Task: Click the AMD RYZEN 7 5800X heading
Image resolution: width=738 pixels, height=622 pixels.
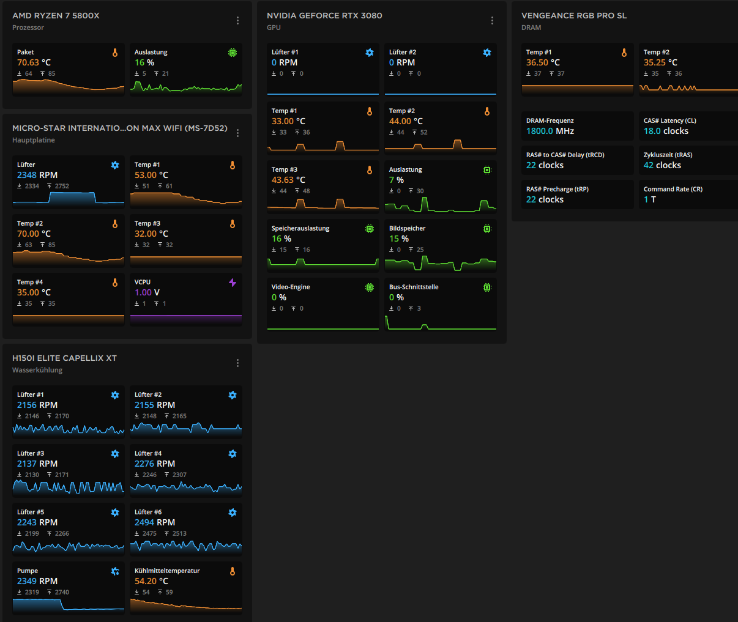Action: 56,15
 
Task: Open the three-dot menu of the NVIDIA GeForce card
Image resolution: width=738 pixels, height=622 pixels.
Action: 492,21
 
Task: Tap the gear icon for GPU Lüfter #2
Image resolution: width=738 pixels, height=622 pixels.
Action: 487,53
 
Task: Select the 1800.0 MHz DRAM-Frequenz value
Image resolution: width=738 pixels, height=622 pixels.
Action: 550,131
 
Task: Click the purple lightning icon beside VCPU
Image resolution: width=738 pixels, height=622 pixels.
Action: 233,283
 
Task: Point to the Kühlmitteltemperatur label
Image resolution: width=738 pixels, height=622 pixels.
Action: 167,571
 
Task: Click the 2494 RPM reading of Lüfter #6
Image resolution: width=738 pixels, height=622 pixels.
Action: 155,522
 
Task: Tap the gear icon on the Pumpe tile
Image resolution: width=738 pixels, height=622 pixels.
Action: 115,571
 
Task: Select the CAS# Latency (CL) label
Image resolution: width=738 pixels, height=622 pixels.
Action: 669,120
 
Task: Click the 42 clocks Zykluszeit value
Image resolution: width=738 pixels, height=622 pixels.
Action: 662,165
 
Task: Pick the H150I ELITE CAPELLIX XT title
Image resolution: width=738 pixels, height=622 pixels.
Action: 64,358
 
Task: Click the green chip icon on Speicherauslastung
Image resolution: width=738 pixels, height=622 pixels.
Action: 370,229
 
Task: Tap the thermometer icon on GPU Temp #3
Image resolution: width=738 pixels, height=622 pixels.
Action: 370,170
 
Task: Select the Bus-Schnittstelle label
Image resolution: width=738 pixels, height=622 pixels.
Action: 414,287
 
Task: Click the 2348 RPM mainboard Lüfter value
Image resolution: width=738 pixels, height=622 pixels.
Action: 37,175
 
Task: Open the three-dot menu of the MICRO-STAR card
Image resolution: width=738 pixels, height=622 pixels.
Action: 237,133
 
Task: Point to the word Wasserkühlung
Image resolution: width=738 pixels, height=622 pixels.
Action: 37,370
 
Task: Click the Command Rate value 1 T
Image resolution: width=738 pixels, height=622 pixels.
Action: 650,199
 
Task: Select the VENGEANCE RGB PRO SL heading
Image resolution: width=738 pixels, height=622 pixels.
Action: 574,15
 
